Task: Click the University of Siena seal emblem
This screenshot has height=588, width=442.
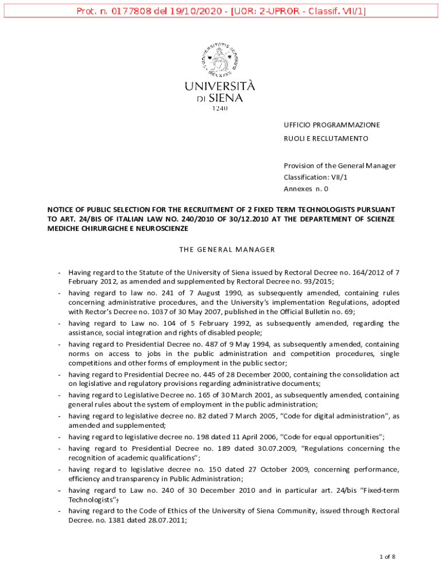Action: coord(220,57)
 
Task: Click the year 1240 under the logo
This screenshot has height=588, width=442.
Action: coord(220,108)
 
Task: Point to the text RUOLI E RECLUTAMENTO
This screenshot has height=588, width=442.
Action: coord(325,138)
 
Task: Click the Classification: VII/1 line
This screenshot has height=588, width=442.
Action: coord(316,177)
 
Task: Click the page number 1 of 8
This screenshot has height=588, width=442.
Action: coord(387,556)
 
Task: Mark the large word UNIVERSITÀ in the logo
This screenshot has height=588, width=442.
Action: coord(220,86)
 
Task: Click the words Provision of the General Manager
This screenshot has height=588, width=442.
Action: coord(340,165)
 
